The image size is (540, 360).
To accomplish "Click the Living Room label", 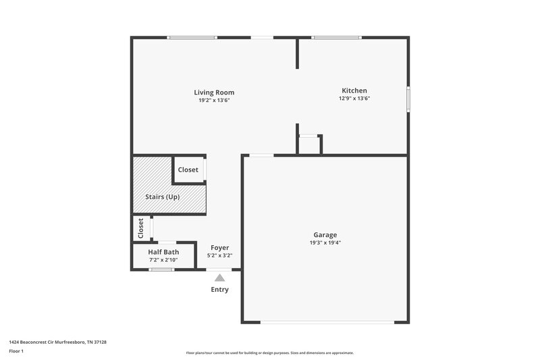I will click(214, 93).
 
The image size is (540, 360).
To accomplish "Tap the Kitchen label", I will click(354, 91).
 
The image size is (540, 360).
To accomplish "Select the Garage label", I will click(325, 235).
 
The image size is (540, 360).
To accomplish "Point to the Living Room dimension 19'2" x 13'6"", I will click(214, 101).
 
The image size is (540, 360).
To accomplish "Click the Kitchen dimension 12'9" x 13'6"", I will click(354, 99).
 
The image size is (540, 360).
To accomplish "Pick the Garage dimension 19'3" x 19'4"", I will click(325, 243).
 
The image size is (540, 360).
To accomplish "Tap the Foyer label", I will click(220, 248).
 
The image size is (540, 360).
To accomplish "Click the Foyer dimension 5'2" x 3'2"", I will click(220, 255).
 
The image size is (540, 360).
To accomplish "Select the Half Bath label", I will click(163, 252).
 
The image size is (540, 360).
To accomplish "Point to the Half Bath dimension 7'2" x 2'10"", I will click(163, 259).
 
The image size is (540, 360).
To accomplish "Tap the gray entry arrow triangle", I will click(219, 278).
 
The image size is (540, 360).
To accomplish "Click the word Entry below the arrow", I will click(219, 290).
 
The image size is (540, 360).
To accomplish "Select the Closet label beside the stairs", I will click(188, 170).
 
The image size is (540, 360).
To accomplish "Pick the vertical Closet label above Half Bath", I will click(141, 228).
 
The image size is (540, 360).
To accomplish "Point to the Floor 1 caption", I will click(16, 352).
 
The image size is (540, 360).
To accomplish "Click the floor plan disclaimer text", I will click(269, 353).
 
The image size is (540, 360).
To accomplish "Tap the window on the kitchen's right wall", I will click(408, 98).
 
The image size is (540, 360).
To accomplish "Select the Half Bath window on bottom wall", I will click(161, 269).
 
